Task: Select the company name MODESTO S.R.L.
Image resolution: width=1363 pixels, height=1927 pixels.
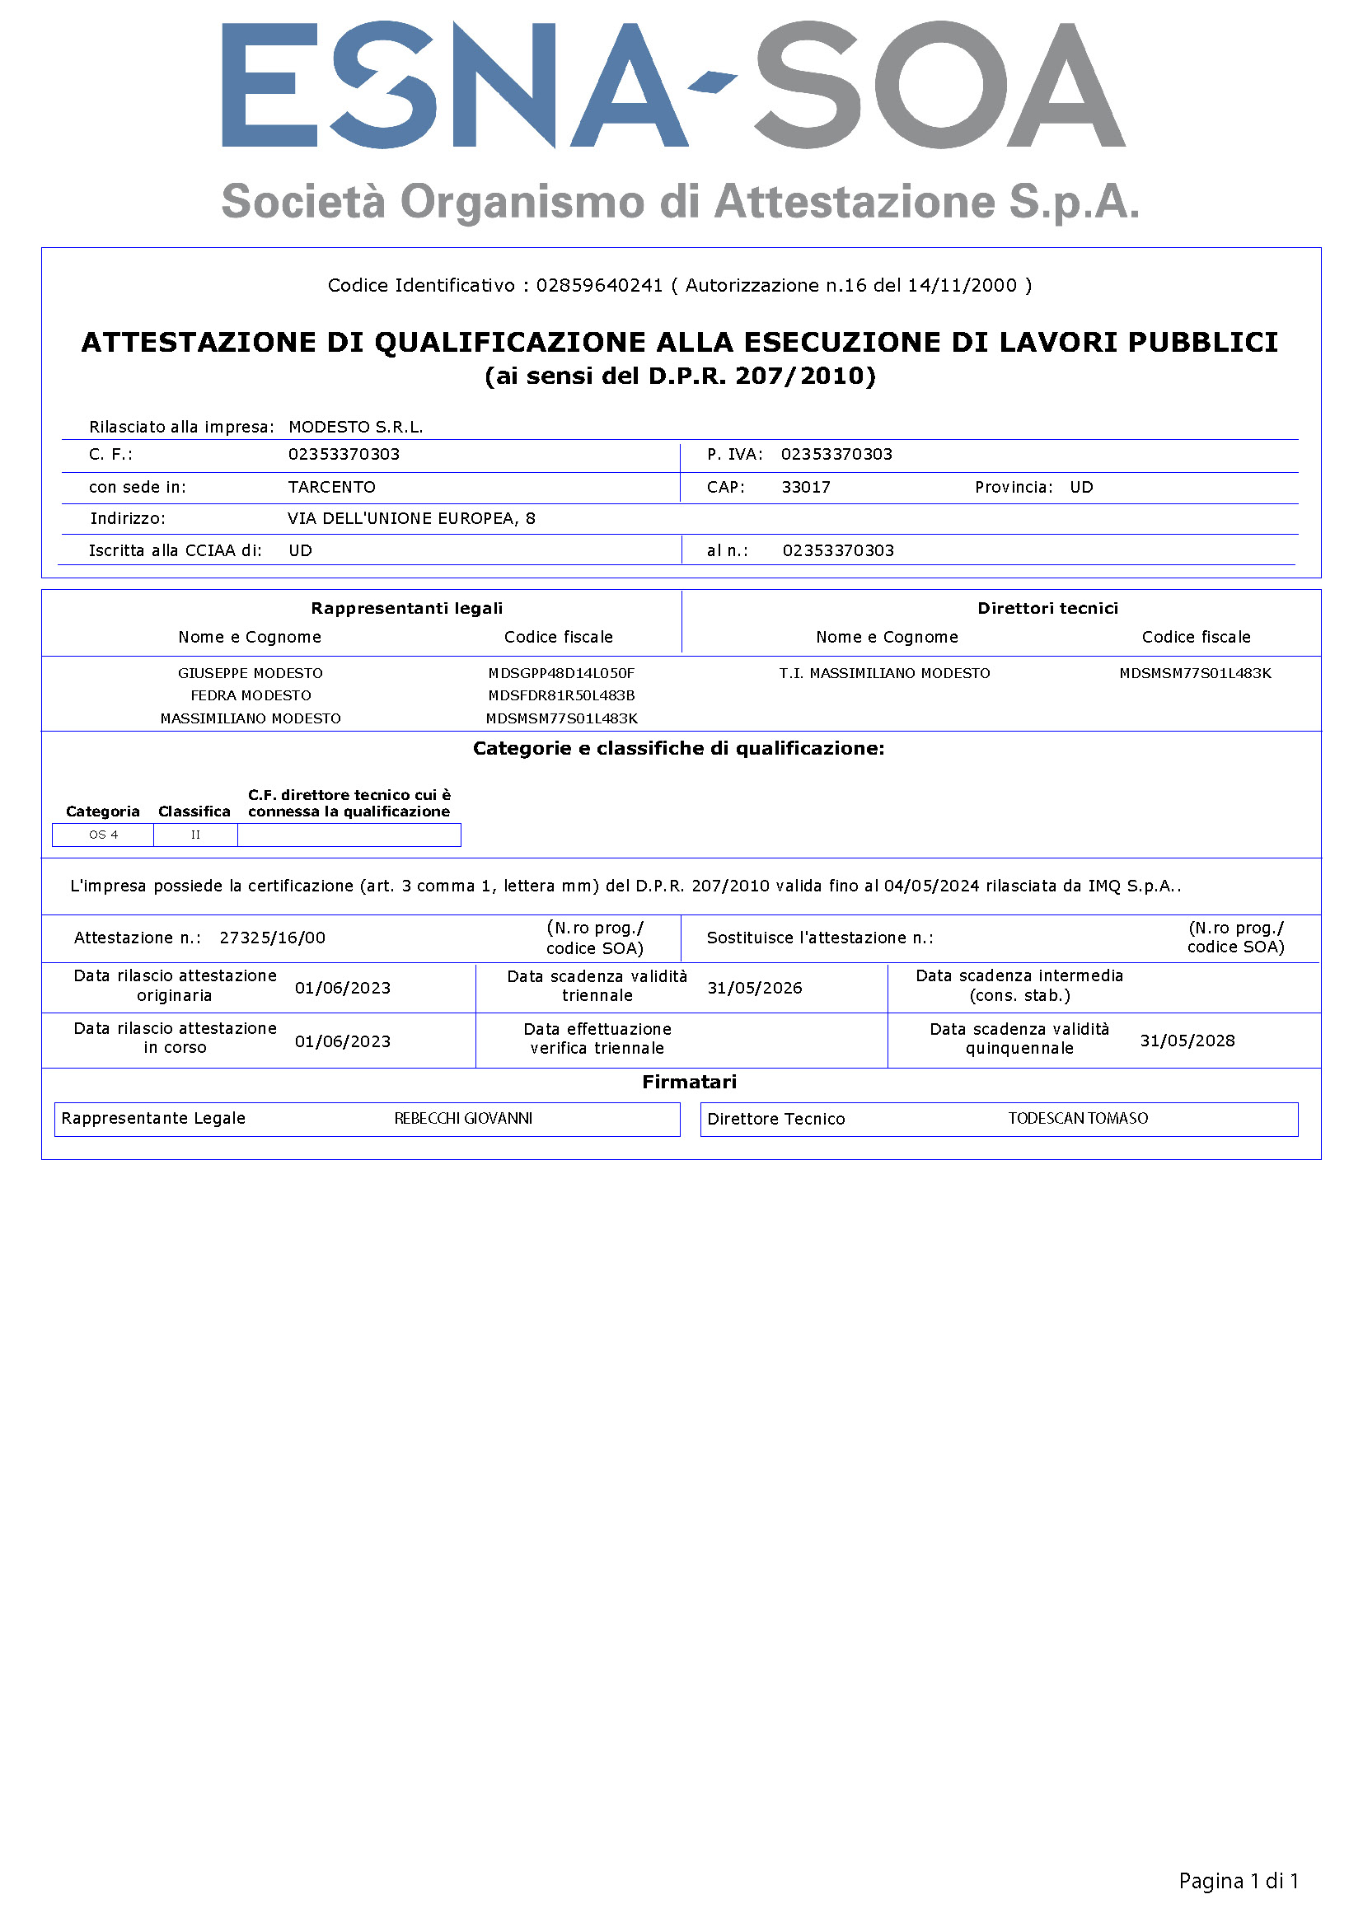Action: (x=356, y=428)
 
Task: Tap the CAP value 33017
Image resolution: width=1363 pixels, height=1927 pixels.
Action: (x=806, y=488)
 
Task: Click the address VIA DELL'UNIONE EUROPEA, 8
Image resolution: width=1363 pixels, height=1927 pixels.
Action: (x=411, y=519)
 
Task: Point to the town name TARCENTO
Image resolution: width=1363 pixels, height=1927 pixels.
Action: (x=331, y=488)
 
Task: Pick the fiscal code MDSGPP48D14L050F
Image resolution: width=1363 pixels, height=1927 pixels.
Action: (x=561, y=673)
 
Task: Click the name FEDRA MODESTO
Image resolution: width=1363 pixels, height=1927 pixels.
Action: (x=251, y=696)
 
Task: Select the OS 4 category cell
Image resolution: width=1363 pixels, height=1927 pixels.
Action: (x=103, y=835)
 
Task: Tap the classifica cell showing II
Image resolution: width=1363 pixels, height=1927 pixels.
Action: (x=195, y=835)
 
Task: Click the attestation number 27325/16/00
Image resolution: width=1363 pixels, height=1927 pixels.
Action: (x=272, y=938)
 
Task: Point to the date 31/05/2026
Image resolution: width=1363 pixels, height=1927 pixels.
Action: (x=755, y=989)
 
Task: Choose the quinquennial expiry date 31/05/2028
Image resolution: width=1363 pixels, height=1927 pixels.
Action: (x=1187, y=1041)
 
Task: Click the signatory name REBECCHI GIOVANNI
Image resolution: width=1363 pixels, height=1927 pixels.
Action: (x=463, y=1119)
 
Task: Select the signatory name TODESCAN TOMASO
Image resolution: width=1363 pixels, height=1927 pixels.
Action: (x=1078, y=1119)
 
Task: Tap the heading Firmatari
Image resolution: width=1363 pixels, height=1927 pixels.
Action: (x=689, y=1083)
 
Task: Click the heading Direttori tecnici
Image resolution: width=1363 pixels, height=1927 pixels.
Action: (x=1047, y=609)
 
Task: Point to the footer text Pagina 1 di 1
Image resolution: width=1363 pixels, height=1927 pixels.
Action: (x=1238, y=1882)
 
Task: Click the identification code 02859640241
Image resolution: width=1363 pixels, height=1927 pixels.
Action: (x=599, y=286)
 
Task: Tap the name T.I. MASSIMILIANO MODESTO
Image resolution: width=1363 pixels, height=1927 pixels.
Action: (x=884, y=673)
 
